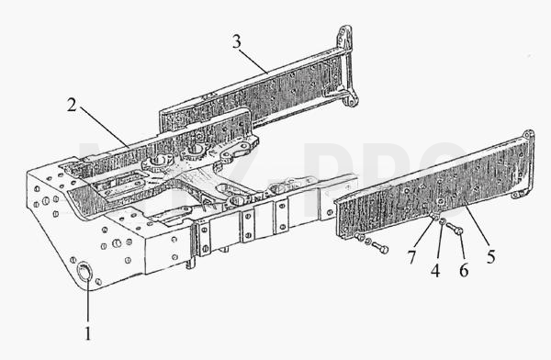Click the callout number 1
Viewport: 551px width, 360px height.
click(x=88, y=332)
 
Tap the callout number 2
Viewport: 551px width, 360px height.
click(x=72, y=105)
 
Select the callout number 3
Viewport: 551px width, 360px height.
click(x=237, y=42)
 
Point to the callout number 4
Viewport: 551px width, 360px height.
click(x=435, y=270)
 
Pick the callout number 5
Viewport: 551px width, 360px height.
click(x=491, y=256)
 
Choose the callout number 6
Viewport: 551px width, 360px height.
click(x=464, y=270)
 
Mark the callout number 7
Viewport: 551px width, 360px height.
click(x=411, y=257)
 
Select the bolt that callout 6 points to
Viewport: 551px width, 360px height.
click(x=455, y=229)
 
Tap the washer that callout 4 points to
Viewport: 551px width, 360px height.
click(x=443, y=221)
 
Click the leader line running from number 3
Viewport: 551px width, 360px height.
click(x=254, y=60)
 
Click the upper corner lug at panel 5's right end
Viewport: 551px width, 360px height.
click(x=529, y=135)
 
